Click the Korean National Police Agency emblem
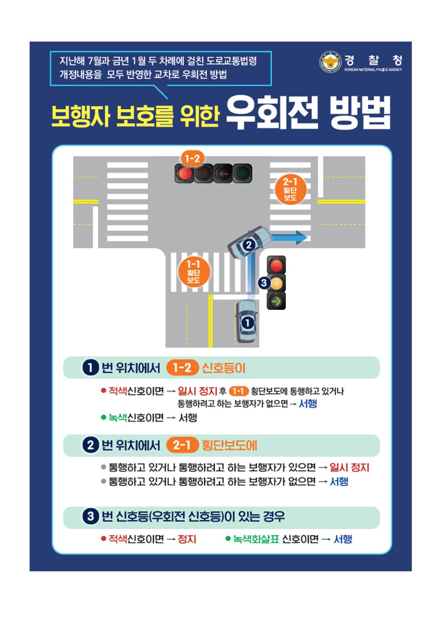click(x=330, y=62)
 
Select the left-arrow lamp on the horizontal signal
click(x=223, y=174)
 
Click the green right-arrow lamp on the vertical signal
click(x=276, y=300)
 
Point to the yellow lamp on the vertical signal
click(x=276, y=283)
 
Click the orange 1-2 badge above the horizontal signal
click(x=193, y=159)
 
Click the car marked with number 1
click(x=246, y=322)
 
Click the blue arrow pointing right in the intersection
click(x=289, y=237)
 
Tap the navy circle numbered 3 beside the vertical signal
click(x=264, y=283)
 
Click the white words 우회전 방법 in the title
click(x=308, y=113)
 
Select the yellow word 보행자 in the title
click(x=80, y=116)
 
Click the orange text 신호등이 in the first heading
click(x=224, y=368)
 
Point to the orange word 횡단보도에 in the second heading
click(x=229, y=445)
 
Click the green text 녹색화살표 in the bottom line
click(x=256, y=539)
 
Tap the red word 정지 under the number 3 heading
click(x=187, y=539)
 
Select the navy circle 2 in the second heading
click(x=91, y=445)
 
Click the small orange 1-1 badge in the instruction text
click(x=238, y=391)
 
